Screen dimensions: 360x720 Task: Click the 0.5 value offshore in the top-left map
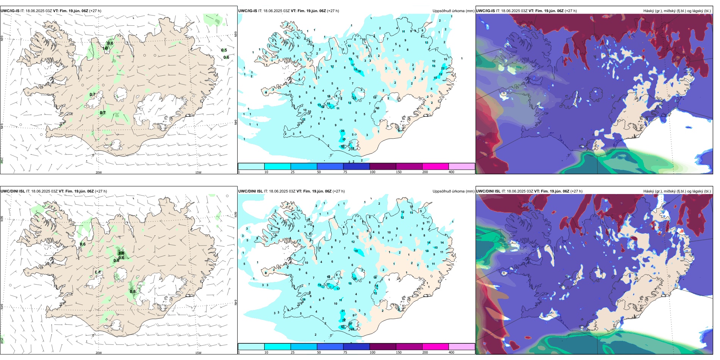pyautogui.click(x=224, y=50)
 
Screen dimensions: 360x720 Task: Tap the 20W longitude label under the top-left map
pyautogui.click(x=99, y=172)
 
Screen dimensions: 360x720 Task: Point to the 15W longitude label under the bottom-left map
pyautogui.click(x=198, y=353)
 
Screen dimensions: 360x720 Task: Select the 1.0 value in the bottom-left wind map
pyautogui.click(x=121, y=253)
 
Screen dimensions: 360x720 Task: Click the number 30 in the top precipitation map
pyautogui.click(x=343, y=146)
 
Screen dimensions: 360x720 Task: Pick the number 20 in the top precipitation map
pyautogui.click(x=343, y=131)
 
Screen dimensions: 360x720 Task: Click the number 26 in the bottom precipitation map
pyautogui.click(x=355, y=279)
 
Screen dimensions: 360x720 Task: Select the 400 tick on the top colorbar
pyautogui.click(x=451, y=172)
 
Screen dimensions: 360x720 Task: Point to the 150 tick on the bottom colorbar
pyautogui.click(x=399, y=352)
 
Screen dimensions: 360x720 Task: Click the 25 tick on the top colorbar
pyautogui.click(x=293, y=172)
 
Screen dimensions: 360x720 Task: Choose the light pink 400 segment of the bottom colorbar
pyautogui.click(x=462, y=347)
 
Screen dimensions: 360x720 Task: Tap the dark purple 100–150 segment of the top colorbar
pyautogui.click(x=383, y=166)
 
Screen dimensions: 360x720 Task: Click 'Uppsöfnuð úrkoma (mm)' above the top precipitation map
pyautogui.click(x=453, y=11)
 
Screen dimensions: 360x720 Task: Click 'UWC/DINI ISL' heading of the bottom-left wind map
pyautogui.click(x=13, y=191)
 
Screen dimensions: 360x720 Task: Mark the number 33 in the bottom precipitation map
pyautogui.click(x=343, y=327)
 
